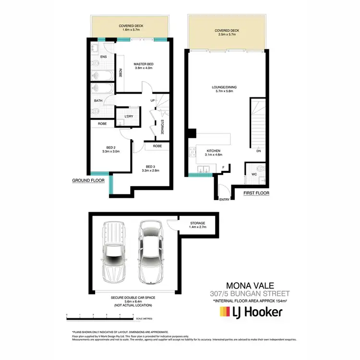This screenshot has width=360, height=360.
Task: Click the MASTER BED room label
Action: coord(143,64)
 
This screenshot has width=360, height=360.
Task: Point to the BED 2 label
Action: coord(110,147)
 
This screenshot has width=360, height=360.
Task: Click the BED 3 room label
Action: coord(150,166)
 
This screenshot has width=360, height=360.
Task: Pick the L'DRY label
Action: coord(129,117)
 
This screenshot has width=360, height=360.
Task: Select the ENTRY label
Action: coord(224,199)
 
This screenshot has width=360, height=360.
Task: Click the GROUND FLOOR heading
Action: coord(88,180)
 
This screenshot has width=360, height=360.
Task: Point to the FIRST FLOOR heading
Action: coord(256,193)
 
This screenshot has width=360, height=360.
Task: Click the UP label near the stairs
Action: coord(153,100)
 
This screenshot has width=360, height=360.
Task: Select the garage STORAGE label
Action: coord(197,223)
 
